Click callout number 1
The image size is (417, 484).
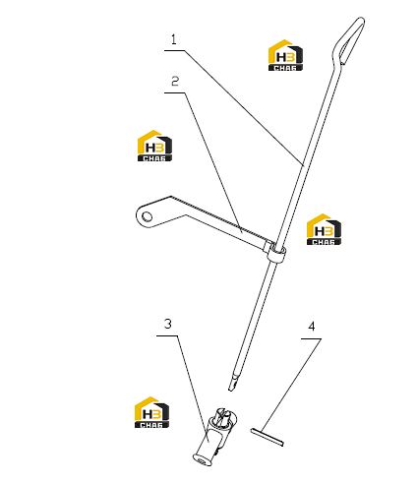tap(174, 39)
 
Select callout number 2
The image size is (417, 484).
tap(175, 81)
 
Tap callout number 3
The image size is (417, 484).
tap(167, 324)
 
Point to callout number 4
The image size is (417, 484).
tap(312, 327)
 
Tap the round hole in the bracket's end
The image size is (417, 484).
tap(148, 216)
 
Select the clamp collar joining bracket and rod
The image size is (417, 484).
tap(276, 253)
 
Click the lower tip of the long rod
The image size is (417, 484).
tap(230, 390)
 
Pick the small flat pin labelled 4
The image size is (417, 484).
tap(267, 437)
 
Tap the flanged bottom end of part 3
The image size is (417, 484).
tap(202, 459)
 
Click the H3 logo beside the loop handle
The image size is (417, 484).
tap(285, 55)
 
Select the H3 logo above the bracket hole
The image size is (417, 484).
tap(154, 146)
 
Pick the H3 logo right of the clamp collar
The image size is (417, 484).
tap(324, 229)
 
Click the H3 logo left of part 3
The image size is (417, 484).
tap(151, 412)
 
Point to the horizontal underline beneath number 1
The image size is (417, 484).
tap(174, 50)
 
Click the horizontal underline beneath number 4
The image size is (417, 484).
tap(311, 338)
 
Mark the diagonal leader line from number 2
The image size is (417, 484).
tap(212, 162)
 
